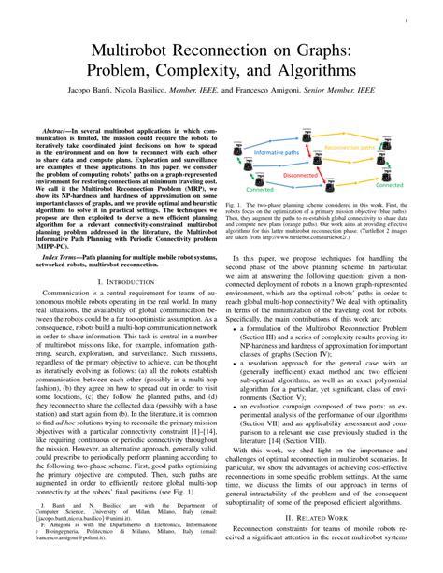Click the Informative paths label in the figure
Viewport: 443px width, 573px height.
point(276,151)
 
